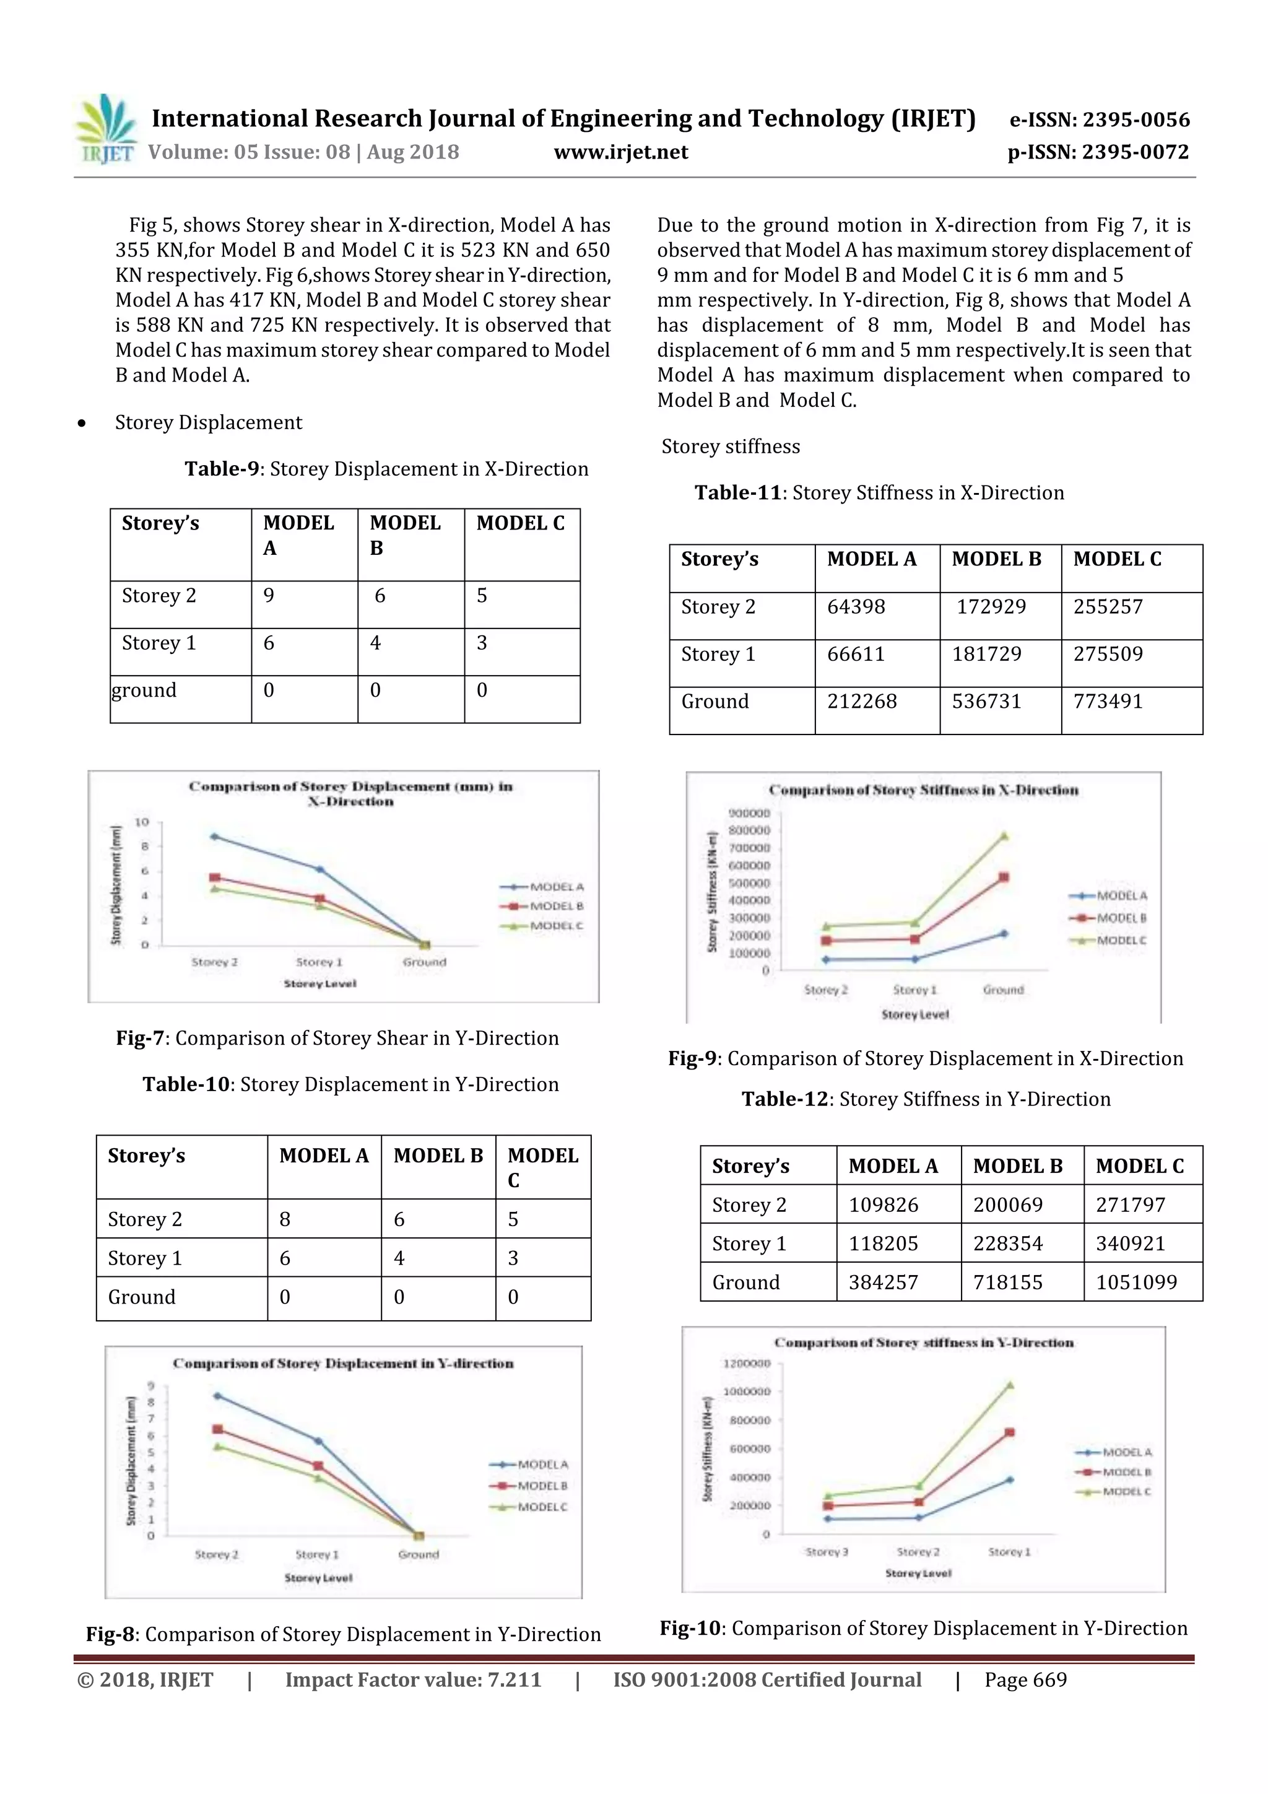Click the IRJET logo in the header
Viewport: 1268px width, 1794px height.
pyautogui.click(x=104, y=129)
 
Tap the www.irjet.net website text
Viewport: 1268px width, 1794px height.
pyautogui.click(x=620, y=152)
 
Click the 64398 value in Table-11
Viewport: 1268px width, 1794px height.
pyautogui.click(x=856, y=607)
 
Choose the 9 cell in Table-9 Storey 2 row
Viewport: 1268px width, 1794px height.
pyautogui.click(x=269, y=596)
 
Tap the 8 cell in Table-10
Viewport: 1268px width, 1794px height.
pyautogui.click(x=285, y=1220)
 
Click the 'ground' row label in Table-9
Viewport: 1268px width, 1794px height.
pyautogui.click(x=144, y=690)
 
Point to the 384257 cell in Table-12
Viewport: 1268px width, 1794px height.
pyautogui.click(x=883, y=1282)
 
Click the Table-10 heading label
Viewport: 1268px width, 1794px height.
pyautogui.click(x=186, y=1084)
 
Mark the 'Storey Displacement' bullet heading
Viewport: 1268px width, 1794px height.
pyautogui.click(x=208, y=423)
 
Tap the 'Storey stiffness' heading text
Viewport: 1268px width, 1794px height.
pyautogui.click(x=731, y=447)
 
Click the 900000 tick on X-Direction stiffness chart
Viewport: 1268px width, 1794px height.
pyautogui.click(x=749, y=812)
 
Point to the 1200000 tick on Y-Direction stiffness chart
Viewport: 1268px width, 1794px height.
pyautogui.click(x=746, y=1364)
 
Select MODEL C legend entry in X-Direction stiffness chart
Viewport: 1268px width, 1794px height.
pyautogui.click(x=1121, y=940)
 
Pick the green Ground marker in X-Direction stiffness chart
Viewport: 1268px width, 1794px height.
pyautogui.click(x=1004, y=836)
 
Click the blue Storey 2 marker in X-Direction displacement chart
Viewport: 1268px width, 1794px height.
pyautogui.click(x=214, y=837)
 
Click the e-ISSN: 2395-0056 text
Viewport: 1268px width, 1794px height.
pyautogui.click(x=1099, y=120)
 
